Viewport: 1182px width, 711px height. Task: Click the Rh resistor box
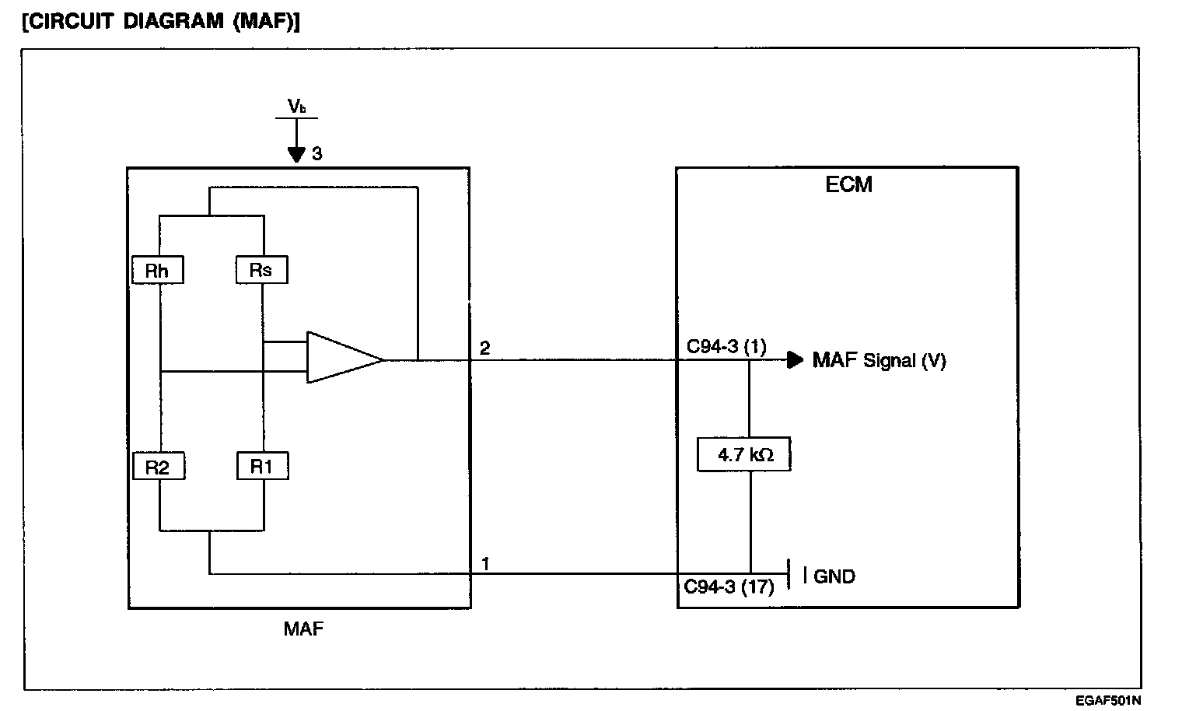click(158, 270)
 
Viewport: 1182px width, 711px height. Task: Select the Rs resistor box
click(262, 270)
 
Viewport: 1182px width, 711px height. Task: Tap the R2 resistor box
click(158, 467)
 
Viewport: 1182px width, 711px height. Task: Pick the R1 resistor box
click(262, 466)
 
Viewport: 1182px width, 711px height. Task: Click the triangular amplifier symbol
click(342, 359)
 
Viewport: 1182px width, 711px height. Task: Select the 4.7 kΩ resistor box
click(745, 455)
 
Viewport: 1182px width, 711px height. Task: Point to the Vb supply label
click(296, 107)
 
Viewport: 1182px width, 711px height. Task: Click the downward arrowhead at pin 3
click(296, 154)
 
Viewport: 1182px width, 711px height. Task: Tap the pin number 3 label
click(317, 154)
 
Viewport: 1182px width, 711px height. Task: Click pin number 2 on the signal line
click(484, 348)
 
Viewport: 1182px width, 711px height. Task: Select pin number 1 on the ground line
click(485, 563)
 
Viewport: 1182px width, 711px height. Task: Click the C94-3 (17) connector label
click(729, 587)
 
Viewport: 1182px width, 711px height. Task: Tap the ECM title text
click(848, 184)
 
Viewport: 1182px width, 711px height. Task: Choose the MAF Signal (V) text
click(879, 360)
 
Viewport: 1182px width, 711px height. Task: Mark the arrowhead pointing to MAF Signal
click(795, 359)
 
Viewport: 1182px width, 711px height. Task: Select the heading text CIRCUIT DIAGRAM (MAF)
click(161, 21)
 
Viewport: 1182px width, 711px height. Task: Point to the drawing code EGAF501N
click(1109, 701)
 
